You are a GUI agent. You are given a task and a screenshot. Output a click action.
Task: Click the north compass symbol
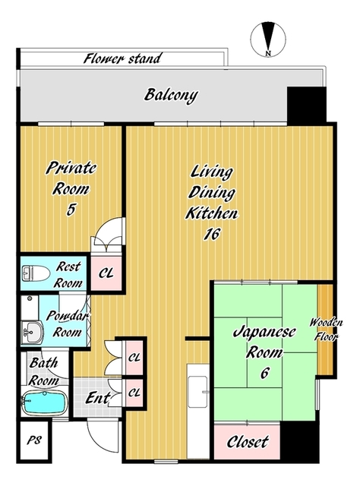click(x=268, y=39)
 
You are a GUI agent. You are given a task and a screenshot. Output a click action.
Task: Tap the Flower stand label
click(x=123, y=58)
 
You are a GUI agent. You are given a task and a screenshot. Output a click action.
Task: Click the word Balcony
click(x=171, y=95)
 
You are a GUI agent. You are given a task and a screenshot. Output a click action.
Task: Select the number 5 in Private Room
click(x=71, y=210)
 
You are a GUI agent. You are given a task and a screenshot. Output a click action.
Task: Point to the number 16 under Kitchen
click(x=212, y=234)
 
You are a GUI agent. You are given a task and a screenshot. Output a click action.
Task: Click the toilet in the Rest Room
click(x=36, y=273)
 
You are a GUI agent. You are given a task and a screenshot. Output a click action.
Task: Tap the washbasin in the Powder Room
click(x=32, y=332)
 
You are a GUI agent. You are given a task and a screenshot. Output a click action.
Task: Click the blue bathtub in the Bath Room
click(x=44, y=402)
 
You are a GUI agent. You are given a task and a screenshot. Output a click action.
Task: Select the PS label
click(x=34, y=440)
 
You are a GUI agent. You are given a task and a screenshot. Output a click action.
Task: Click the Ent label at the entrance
click(x=98, y=398)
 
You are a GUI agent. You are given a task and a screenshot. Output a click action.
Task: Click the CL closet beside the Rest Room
click(x=106, y=273)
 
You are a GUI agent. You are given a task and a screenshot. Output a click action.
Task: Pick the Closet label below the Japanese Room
click(x=248, y=442)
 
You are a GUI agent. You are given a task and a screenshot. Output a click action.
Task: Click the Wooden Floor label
click(x=326, y=329)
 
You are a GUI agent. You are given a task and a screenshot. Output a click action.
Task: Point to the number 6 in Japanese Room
click(x=264, y=373)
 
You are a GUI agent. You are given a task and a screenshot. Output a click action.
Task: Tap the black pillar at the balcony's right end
click(x=306, y=105)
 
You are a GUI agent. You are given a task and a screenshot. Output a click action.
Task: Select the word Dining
click(x=211, y=193)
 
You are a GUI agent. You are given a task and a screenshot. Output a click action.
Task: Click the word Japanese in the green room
click(x=264, y=333)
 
